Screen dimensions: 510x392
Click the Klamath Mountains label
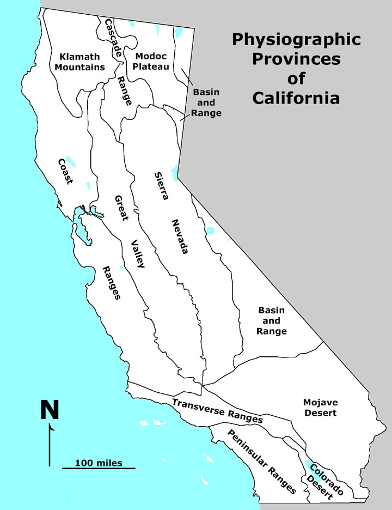pyautogui.click(x=82, y=62)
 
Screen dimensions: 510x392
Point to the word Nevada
pyautogui.click(x=180, y=236)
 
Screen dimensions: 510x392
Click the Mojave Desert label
pyautogui.click(x=320, y=408)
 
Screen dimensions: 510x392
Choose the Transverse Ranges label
pyautogui.click(x=217, y=411)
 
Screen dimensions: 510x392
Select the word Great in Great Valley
pyautogui.click(x=120, y=208)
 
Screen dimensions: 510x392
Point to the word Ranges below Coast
pyautogui.click(x=111, y=283)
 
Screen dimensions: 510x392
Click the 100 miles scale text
pyautogui.click(x=98, y=463)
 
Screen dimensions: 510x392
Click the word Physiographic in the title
pyautogui.click(x=296, y=40)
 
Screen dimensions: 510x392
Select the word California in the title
pyautogui.click(x=297, y=99)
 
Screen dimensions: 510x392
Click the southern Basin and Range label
pyautogui.click(x=272, y=320)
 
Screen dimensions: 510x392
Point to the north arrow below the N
pyautogui.click(x=50, y=444)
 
